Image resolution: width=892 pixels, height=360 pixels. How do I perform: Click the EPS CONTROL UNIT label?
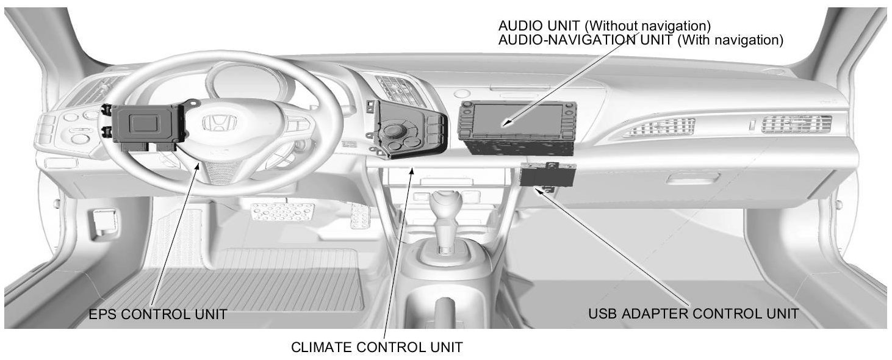[158, 314]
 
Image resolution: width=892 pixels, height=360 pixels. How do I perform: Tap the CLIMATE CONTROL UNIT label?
[376, 347]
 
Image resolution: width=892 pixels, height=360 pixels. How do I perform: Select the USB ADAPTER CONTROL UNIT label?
[693, 314]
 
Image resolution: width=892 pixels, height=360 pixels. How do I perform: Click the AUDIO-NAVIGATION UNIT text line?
[641, 40]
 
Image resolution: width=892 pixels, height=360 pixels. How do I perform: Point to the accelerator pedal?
[359, 216]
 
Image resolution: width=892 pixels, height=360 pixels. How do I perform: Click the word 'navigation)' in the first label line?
[677, 26]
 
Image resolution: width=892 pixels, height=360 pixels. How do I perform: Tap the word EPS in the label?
[102, 314]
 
